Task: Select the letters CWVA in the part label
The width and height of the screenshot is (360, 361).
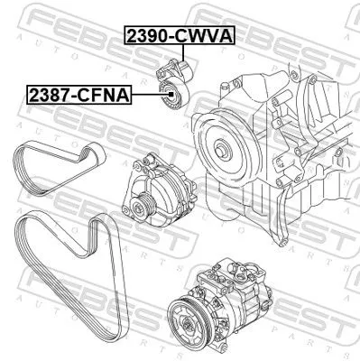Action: (206, 36)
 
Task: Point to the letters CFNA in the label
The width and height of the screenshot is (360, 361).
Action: (106, 93)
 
